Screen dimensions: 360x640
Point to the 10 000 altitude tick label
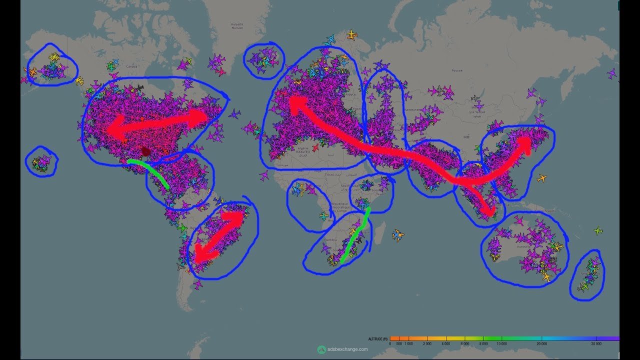click(501, 344)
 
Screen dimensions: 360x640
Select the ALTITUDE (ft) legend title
click(378, 339)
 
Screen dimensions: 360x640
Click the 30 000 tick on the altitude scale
click(595, 344)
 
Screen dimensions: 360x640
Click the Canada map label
click(131, 66)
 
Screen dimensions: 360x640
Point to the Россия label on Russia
click(457, 70)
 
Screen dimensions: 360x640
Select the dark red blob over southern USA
click(145, 151)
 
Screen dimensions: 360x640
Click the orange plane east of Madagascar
click(398, 234)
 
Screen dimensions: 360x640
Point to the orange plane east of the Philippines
click(541, 178)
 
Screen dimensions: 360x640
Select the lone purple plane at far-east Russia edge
click(611, 73)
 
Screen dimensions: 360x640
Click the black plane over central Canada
click(139, 88)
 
